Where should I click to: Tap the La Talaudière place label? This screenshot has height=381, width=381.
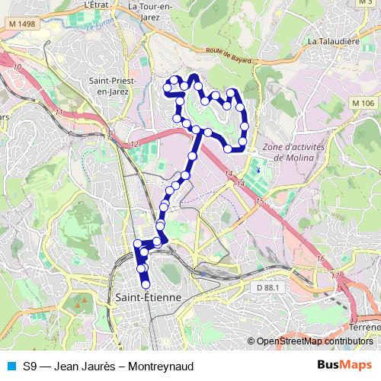[x=334, y=41]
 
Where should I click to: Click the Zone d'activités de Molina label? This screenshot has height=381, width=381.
[x=293, y=152]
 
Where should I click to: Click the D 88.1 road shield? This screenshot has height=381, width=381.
[x=269, y=287]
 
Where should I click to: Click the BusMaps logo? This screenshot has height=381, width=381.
[x=345, y=366]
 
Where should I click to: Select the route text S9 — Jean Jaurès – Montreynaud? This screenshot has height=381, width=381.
[x=107, y=367]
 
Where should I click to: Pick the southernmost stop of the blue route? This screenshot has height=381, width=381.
[x=146, y=285]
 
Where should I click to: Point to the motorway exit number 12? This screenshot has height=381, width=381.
[x=134, y=144]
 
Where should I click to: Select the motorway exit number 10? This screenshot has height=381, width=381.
[x=17, y=68]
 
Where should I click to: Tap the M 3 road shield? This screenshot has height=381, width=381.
[x=363, y=3]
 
